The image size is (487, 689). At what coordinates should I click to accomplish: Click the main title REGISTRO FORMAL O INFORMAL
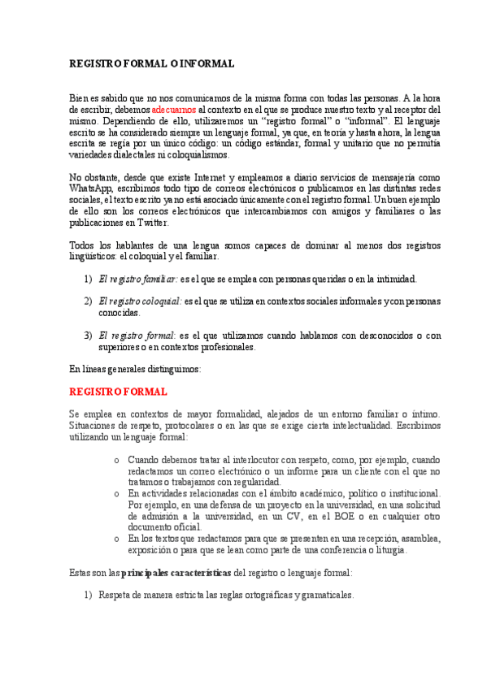tap(152, 63)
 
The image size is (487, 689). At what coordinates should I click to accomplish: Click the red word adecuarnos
tap(174, 108)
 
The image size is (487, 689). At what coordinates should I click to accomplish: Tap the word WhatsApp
tap(89, 188)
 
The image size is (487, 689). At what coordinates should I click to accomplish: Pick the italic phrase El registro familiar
tap(138, 279)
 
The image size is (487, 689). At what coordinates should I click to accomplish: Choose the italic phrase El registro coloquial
tap(141, 301)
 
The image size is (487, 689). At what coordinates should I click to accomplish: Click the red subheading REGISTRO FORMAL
tap(119, 392)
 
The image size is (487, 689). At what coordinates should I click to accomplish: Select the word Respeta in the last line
tap(114, 595)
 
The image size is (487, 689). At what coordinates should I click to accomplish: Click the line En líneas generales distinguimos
tap(135, 369)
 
